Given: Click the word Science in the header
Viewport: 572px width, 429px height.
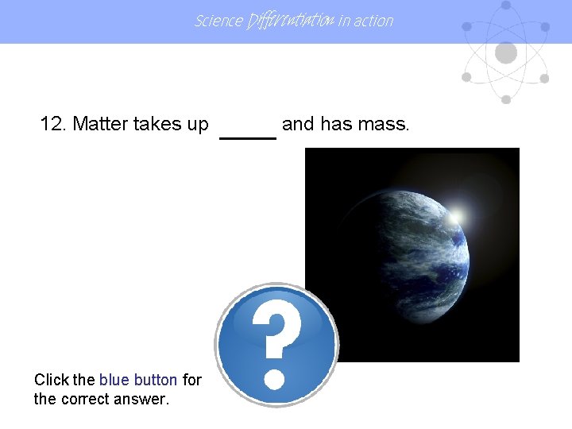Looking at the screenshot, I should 218,21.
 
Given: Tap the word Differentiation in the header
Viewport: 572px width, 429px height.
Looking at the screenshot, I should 290,21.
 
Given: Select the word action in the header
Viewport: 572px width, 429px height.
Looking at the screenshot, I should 374,21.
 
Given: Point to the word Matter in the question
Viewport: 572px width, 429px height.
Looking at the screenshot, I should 100,124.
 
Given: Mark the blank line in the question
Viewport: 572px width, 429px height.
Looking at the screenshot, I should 247,136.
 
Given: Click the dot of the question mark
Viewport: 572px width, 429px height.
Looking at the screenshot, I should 274,377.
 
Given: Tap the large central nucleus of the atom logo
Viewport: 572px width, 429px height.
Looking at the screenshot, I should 505,53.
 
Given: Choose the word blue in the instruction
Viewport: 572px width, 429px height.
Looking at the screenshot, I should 114,380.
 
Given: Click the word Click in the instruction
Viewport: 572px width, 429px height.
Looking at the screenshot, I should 51,380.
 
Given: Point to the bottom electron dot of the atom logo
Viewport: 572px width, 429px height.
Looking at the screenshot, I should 505,99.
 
